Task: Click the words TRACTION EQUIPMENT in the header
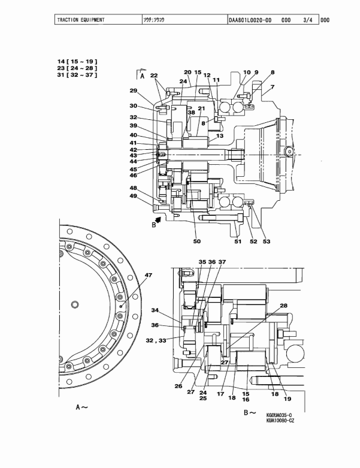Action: click(80, 20)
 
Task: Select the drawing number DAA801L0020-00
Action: click(250, 20)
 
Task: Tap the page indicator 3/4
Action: click(308, 20)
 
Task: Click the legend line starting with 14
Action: click(77, 62)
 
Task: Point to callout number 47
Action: click(148, 275)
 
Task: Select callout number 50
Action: click(196, 241)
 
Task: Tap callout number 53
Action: click(267, 241)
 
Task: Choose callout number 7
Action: click(272, 87)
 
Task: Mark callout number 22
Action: click(153, 76)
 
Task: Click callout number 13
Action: click(220, 136)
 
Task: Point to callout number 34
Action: click(155, 310)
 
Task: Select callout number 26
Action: click(178, 387)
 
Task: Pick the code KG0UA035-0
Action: click(279, 415)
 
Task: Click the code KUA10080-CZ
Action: click(280, 421)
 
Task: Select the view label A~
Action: click(81, 407)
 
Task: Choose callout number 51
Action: click(238, 241)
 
